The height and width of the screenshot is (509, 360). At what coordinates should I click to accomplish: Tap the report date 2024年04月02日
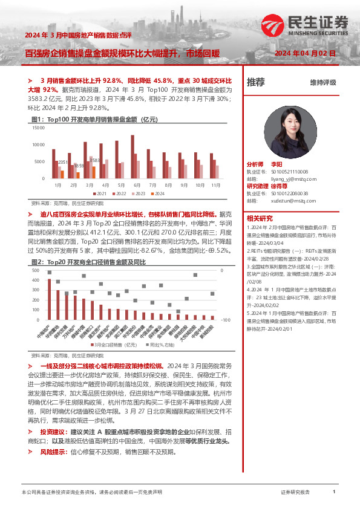pyautogui.click(x=305, y=54)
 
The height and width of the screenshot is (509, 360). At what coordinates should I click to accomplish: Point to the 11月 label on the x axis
pyautogui.click(x=216, y=184)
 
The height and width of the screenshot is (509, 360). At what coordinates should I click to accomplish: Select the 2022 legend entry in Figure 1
pyautogui.click(x=119, y=193)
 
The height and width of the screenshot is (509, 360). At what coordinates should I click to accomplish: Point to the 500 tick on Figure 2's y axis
pyautogui.click(x=36, y=271)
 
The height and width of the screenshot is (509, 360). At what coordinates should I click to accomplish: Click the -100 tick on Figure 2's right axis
pyautogui.click(x=225, y=319)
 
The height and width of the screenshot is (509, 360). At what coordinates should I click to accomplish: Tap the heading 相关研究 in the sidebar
pyautogui.click(x=260, y=218)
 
